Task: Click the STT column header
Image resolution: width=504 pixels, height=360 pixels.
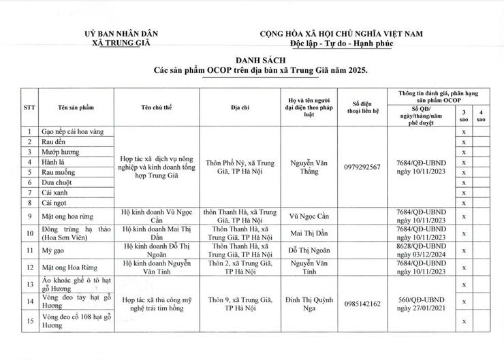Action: [x=29, y=107]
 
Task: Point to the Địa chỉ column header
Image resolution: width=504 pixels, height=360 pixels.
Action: [x=243, y=107]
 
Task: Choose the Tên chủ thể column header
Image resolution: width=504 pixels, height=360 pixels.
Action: [x=159, y=107]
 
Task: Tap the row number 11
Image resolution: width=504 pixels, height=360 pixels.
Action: [x=29, y=250]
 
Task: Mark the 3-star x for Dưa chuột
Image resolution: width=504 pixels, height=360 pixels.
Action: [x=463, y=183]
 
